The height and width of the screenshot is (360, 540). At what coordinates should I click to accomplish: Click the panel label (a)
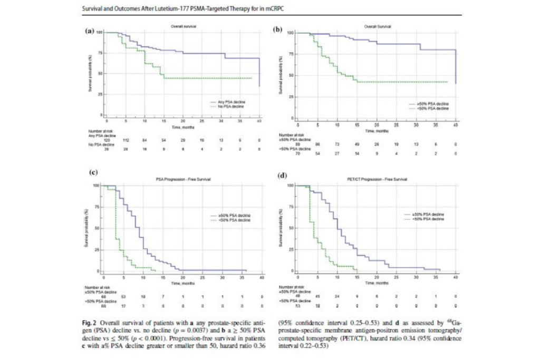tap(89, 31)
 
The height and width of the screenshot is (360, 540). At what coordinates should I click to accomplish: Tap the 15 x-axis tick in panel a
tap(163, 121)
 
